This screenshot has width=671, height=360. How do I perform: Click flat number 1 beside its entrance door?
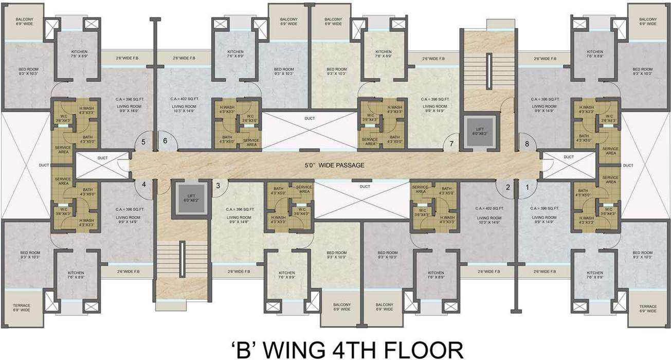[527, 187]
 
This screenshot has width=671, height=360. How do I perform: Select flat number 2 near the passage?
[507, 187]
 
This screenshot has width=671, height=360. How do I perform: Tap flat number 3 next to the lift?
[218, 186]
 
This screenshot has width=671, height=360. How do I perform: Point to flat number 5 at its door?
[144, 141]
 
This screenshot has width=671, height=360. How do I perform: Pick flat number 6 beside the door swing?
[165, 141]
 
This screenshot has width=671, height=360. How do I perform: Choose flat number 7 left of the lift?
[451, 143]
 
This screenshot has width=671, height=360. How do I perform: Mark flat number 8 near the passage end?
[527, 144]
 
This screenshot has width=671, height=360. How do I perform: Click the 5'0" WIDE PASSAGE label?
[335, 166]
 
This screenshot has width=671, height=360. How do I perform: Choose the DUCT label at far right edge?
[628, 166]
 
